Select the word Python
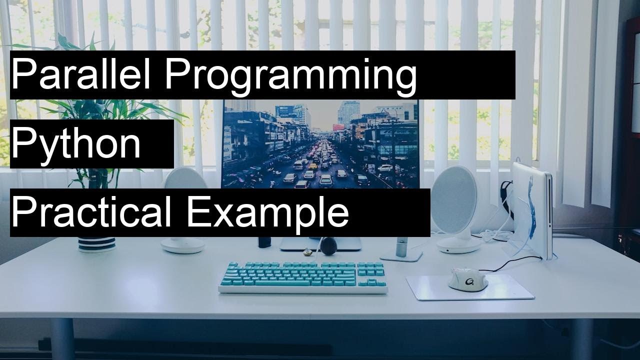pyautogui.click(x=75, y=143)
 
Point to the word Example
pyautogui.click(x=267, y=213)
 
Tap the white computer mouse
pyautogui.click(x=467, y=279)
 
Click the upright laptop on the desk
pyautogui.click(x=531, y=210)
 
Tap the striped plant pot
pyautogui.click(x=96, y=244)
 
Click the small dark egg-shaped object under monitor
pyautogui.click(x=328, y=245)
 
